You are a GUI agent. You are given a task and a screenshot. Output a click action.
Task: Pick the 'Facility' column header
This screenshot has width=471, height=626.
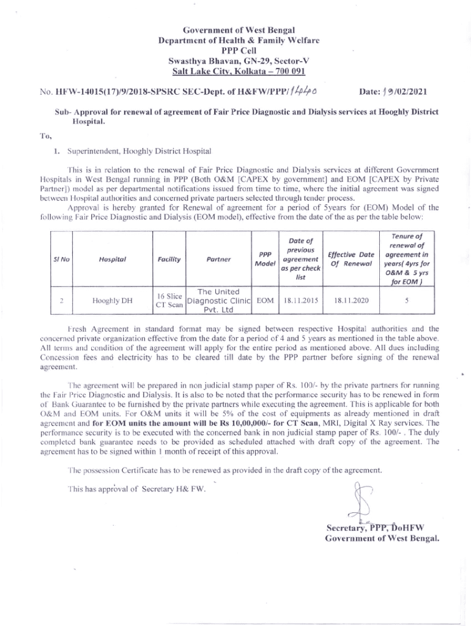point(168,259)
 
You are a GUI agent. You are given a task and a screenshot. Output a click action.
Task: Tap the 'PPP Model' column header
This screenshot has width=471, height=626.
point(265,259)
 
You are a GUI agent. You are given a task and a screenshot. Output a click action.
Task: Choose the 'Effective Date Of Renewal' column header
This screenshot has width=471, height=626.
point(351,259)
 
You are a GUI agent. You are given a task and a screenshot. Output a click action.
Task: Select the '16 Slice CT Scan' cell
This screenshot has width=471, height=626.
point(168,301)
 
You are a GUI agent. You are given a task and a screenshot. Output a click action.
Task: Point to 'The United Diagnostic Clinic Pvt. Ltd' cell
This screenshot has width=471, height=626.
point(219,300)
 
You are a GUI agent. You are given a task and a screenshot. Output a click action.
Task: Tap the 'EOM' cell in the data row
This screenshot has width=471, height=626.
point(265,301)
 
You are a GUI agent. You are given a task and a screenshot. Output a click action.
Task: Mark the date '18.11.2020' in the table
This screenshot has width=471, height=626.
point(351,301)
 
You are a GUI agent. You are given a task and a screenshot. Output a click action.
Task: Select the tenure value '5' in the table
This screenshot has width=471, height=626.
point(407,301)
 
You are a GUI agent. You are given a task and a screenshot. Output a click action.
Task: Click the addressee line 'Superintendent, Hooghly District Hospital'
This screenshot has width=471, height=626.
point(134,150)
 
